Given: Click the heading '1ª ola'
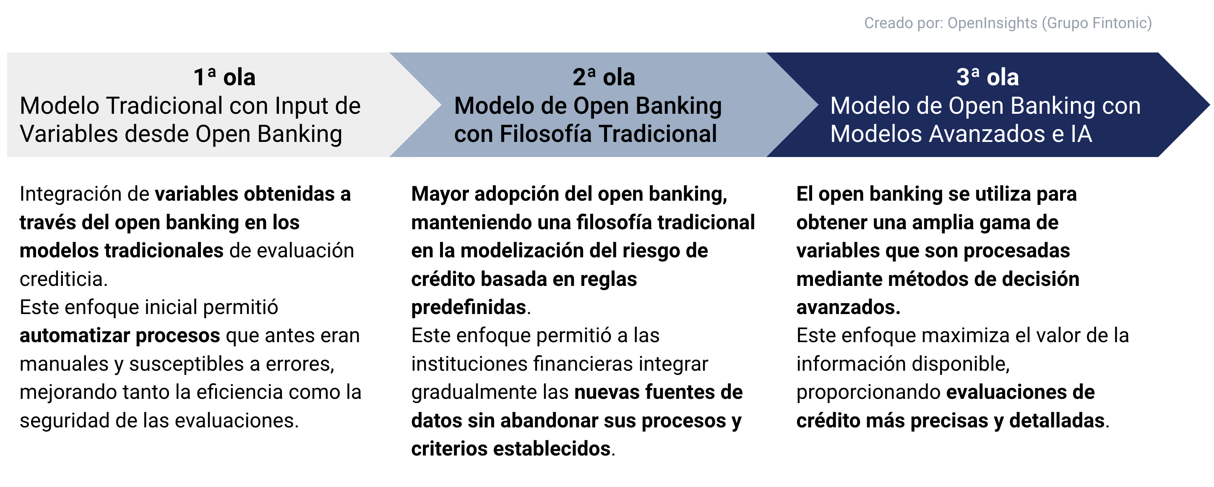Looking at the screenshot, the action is click(224, 77).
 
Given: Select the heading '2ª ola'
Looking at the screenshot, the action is click(604, 77).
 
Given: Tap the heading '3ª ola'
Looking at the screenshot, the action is click(987, 77).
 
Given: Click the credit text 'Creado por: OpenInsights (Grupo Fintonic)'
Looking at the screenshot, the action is click(1008, 23).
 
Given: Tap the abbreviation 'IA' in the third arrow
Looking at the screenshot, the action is click(1081, 134).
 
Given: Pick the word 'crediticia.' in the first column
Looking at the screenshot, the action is click(64, 279).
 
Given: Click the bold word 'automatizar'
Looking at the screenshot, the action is click(75, 336).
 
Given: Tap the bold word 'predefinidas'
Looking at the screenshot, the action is click(469, 307).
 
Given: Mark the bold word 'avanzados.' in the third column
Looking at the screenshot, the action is click(848, 307).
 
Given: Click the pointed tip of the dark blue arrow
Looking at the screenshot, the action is click(1209, 105).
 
